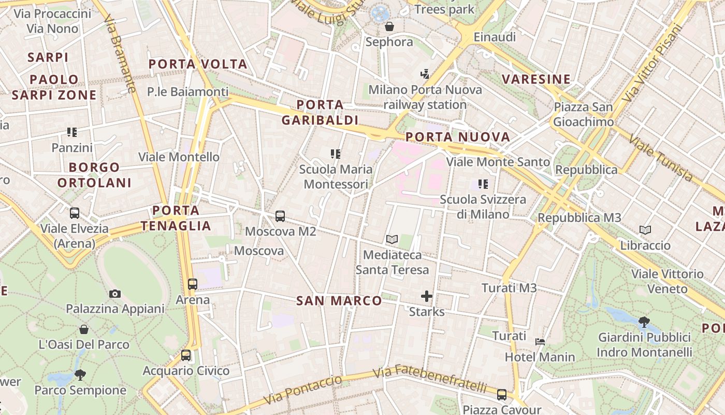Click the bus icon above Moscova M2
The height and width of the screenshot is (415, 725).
tap(280, 216)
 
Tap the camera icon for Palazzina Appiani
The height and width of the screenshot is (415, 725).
tap(115, 294)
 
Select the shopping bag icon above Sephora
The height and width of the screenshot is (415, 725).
tap(389, 26)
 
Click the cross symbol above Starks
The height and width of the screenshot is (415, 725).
tap(427, 296)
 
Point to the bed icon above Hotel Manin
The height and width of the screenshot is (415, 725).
tap(540, 342)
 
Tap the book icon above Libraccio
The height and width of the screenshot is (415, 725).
tap(645, 230)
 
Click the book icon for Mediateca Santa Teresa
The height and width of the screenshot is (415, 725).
tap(392, 239)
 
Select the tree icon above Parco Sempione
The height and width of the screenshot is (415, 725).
tap(80, 374)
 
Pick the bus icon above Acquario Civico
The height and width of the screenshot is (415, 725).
tap(186, 355)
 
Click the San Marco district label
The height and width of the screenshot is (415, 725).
tap(339, 301)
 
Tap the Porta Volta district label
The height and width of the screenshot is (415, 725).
tap(198, 64)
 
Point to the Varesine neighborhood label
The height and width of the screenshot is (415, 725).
tap(536, 79)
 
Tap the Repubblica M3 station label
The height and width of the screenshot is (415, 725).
tap(579, 217)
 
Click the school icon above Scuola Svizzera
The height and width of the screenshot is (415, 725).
tap(483, 184)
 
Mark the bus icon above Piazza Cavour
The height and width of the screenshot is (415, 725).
tap(501, 394)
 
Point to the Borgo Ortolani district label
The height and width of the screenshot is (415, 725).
tap(95, 175)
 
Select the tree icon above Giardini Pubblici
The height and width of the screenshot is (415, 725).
tap(644, 322)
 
